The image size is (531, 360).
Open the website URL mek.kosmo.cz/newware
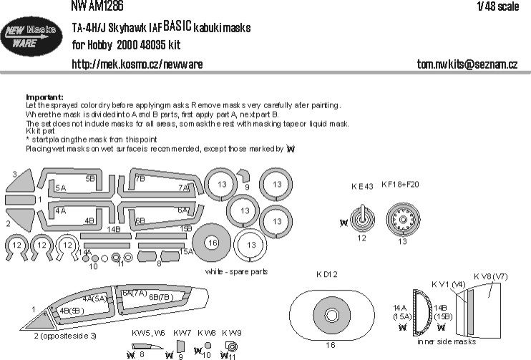[137, 64]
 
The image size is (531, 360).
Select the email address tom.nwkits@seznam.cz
[467, 64]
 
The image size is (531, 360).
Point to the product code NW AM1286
[98, 6]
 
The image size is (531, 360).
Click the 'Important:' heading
[44, 97]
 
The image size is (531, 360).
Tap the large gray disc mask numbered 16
[212, 243]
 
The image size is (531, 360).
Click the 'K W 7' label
[182, 332]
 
